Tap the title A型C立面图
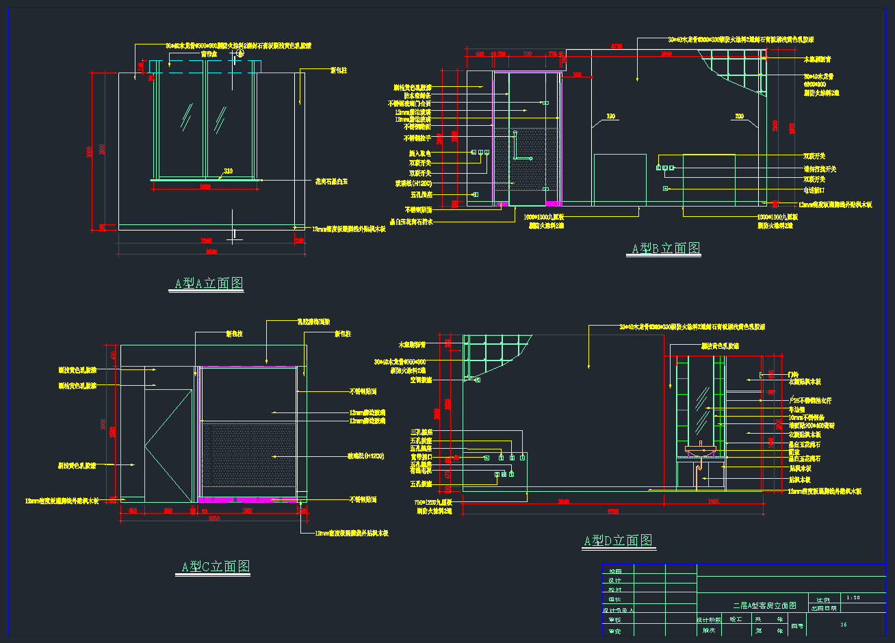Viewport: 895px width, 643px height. (216, 566)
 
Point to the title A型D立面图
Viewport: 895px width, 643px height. (618, 540)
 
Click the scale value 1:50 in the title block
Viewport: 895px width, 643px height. (853, 597)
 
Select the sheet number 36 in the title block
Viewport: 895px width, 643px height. (844, 625)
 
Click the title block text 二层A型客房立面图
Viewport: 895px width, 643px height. (764, 606)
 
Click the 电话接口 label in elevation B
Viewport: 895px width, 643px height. (814, 190)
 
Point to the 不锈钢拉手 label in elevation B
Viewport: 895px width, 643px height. (417, 139)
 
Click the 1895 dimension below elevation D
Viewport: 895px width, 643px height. (713, 501)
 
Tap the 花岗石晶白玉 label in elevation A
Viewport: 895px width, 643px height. (331, 182)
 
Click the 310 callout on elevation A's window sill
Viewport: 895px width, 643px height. (228, 172)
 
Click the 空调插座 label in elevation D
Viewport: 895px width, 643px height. (421, 380)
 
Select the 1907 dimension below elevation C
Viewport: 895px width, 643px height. (248, 510)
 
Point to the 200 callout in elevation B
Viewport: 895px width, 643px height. (739, 116)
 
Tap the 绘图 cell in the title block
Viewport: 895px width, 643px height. (614, 571)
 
